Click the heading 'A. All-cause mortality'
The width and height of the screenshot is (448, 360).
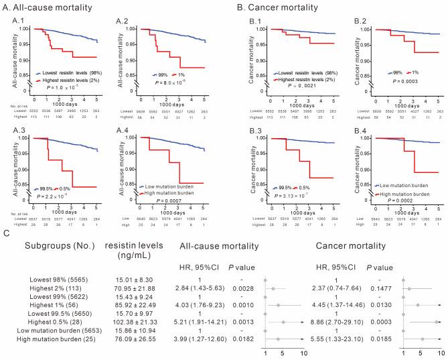tap(47, 8)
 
